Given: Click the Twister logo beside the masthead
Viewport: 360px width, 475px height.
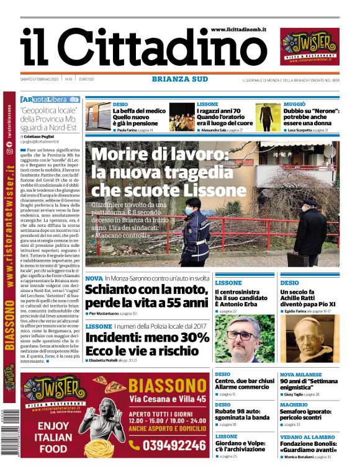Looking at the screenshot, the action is pos(309,47).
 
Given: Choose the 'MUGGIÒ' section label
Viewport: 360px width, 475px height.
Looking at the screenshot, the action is pos(294,104).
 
